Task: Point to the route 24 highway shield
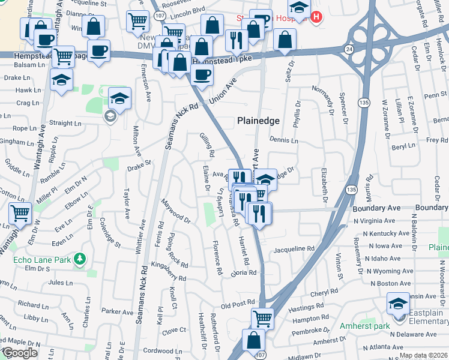[348, 47]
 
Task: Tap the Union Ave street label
[223, 90]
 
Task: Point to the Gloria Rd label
[244, 272]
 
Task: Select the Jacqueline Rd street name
[294, 249]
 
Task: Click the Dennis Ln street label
[284, 141]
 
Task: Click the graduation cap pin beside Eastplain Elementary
[398, 305]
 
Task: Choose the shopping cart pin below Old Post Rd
[262, 317]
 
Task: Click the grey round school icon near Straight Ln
[110, 116]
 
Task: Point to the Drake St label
[138, 164]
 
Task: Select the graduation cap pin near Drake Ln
[61, 80]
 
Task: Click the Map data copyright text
[423, 355]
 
